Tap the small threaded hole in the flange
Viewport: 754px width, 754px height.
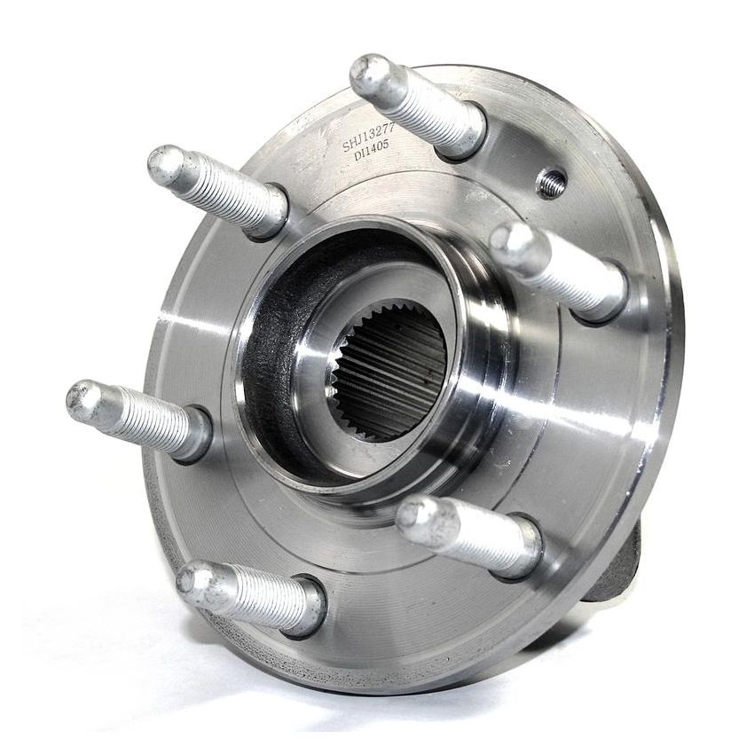point(552,183)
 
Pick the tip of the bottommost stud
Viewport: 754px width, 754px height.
point(195,582)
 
